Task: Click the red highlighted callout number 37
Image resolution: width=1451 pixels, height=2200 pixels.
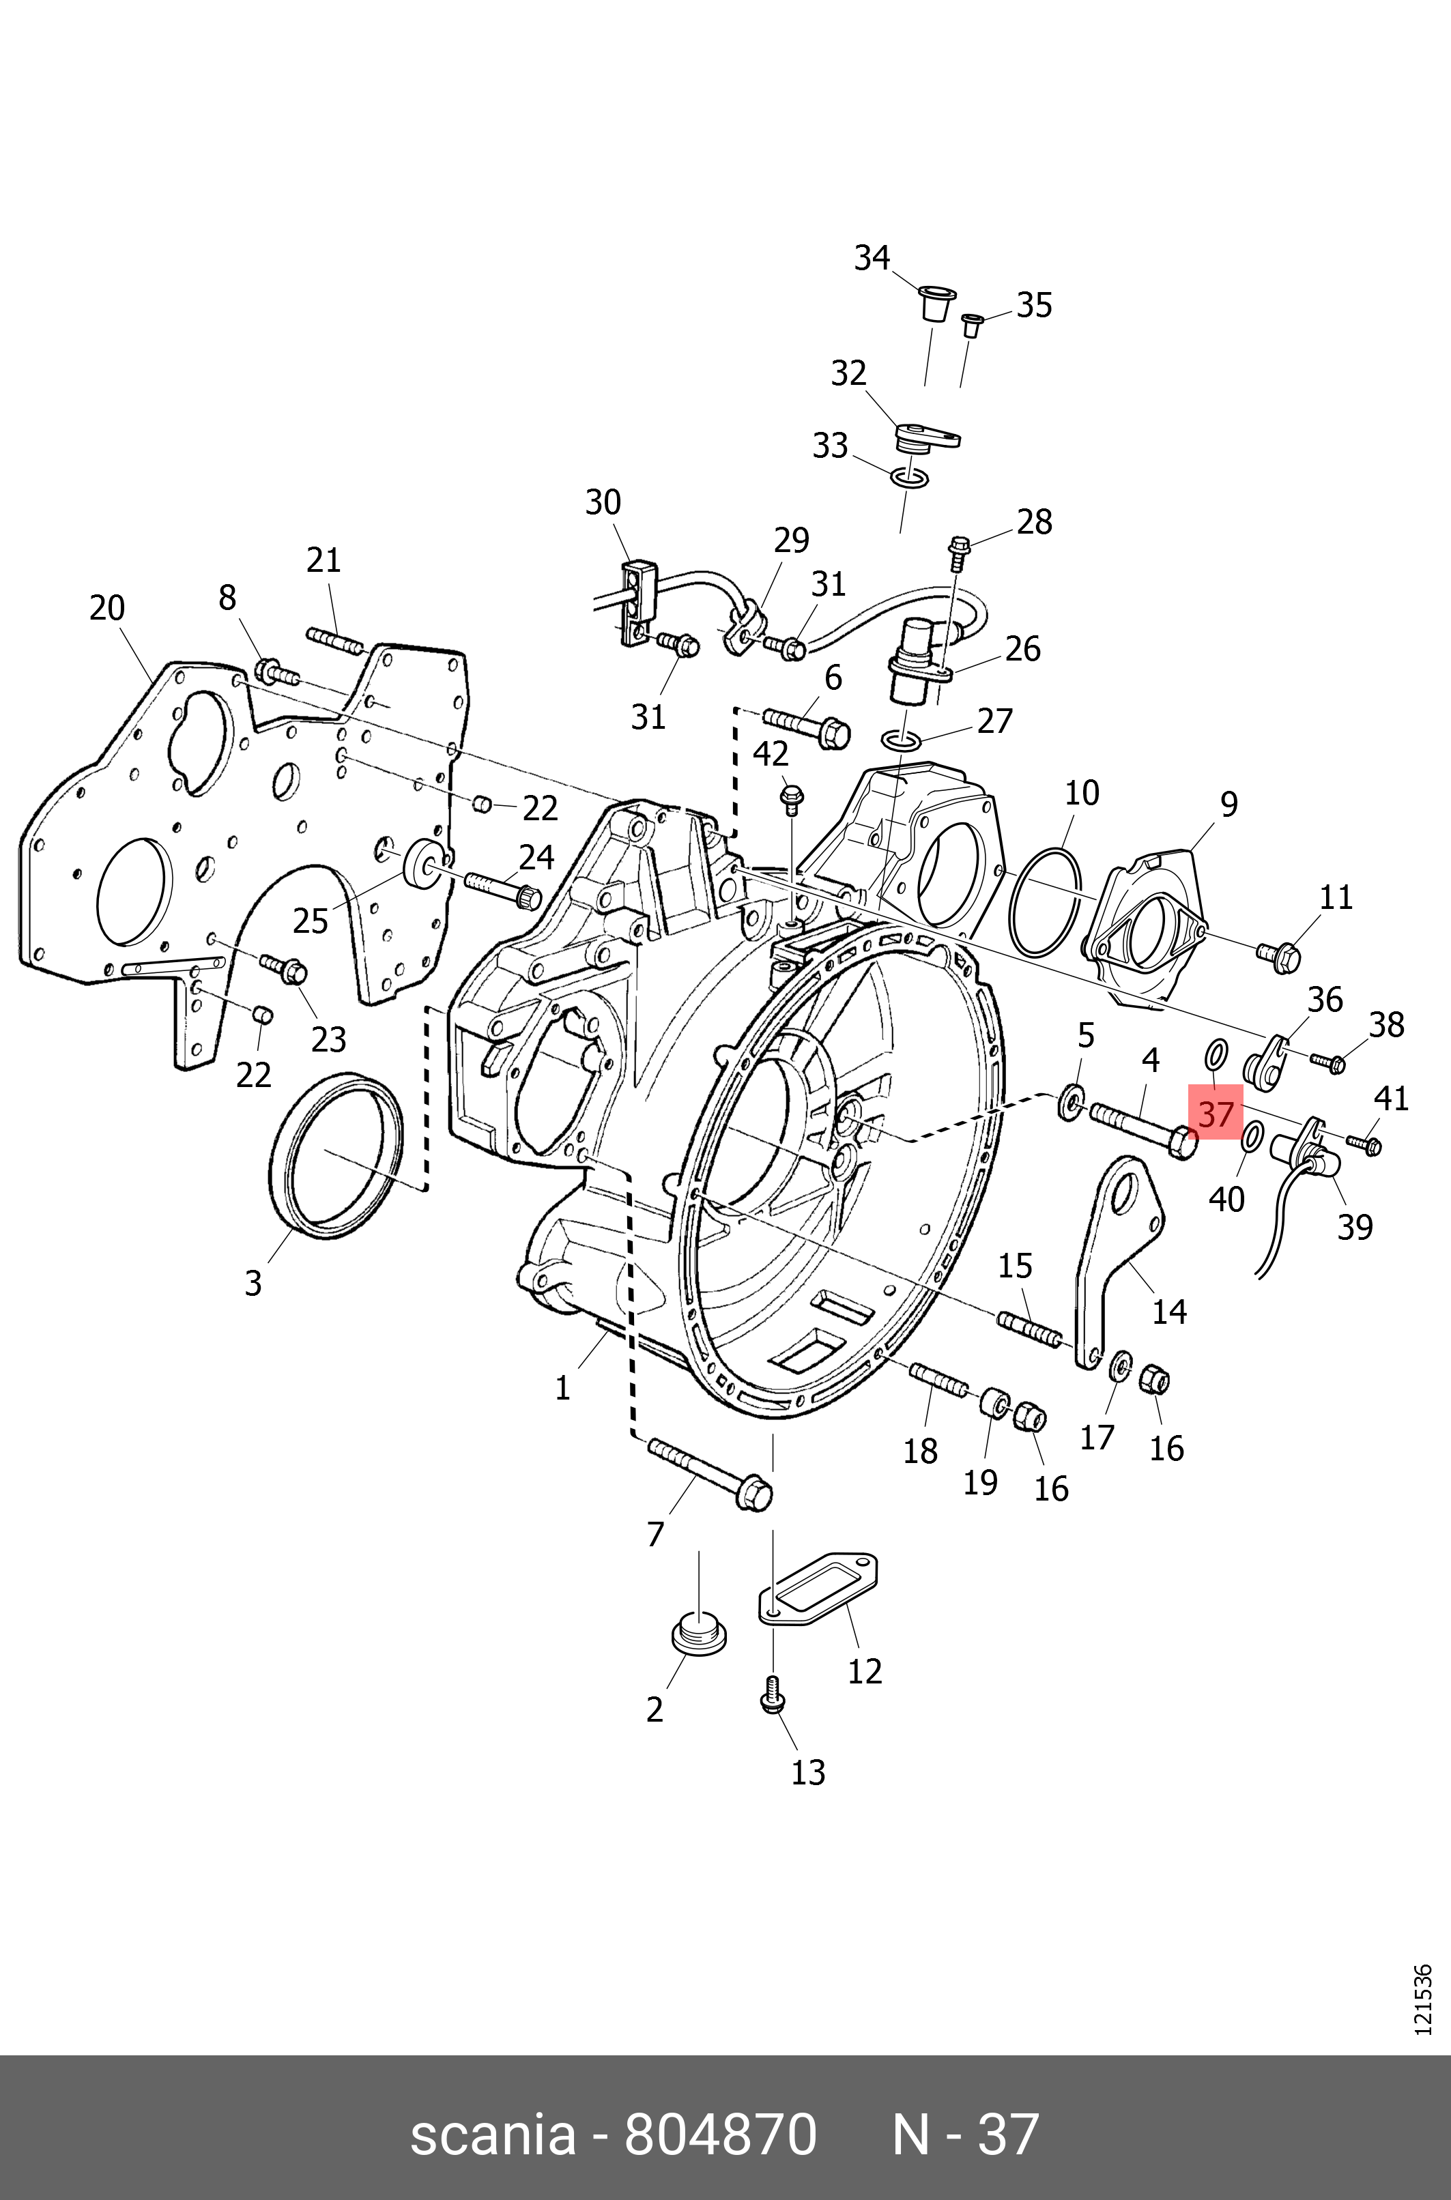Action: point(1215,1114)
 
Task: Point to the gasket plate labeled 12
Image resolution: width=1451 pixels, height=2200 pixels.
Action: point(820,1589)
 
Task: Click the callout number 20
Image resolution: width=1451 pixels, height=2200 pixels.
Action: point(106,608)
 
